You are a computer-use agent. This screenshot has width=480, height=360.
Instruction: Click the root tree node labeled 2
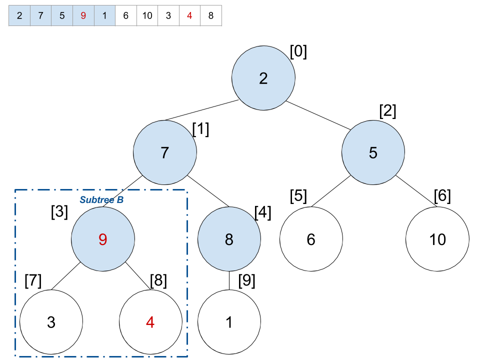point(263,78)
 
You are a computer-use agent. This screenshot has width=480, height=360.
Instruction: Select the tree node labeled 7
point(165,152)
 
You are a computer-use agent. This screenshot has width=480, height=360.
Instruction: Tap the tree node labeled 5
point(373,152)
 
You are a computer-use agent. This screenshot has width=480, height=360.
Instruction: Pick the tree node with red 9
point(103,239)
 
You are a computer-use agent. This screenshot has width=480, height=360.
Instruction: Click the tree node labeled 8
point(229,239)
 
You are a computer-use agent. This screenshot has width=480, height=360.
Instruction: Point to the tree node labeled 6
point(311,239)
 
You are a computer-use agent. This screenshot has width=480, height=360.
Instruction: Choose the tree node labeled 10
point(437,239)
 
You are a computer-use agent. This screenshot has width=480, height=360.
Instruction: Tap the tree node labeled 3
point(51,322)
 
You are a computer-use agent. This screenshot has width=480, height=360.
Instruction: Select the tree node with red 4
point(150,322)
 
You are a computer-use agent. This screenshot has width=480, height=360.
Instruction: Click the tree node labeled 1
point(229,322)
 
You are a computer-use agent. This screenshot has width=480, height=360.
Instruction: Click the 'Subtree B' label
point(101,200)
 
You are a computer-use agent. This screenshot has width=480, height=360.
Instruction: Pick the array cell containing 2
point(19,15)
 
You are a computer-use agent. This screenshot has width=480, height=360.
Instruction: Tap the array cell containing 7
point(40,15)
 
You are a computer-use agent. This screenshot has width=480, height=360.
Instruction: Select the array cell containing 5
point(62,15)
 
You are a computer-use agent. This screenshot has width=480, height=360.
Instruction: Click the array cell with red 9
point(83,15)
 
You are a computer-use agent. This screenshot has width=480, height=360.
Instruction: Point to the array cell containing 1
point(104,15)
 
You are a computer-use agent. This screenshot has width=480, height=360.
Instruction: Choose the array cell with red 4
point(189,15)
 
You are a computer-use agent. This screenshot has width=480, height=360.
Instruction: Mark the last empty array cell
point(211,15)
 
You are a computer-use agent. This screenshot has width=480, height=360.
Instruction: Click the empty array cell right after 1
point(126,15)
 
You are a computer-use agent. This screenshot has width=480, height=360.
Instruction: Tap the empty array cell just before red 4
point(168,15)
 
